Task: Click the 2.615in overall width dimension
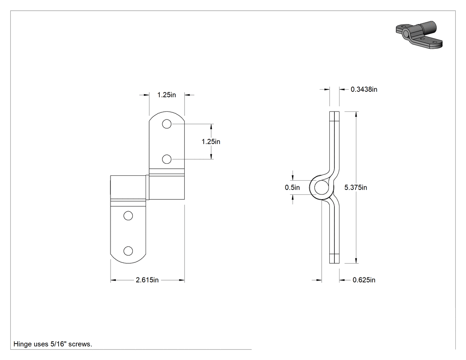coord(147,280)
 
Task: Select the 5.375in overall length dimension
coord(356,188)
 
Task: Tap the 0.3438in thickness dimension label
coord(364,89)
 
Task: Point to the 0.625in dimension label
coord(364,280)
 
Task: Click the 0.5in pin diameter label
coord(292,188)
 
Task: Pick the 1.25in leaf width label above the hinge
coord(167,95)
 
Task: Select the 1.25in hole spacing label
coord(211,142)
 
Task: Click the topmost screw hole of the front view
coord(167,124)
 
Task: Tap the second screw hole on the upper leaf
coord(167,159)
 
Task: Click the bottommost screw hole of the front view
coord(128,251)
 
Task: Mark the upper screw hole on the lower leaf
coord(128,216)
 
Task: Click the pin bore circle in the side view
coord(321,188)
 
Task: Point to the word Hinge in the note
coord(22,344)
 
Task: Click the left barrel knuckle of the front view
coord(128,187)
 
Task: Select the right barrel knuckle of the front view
coord(167,187)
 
